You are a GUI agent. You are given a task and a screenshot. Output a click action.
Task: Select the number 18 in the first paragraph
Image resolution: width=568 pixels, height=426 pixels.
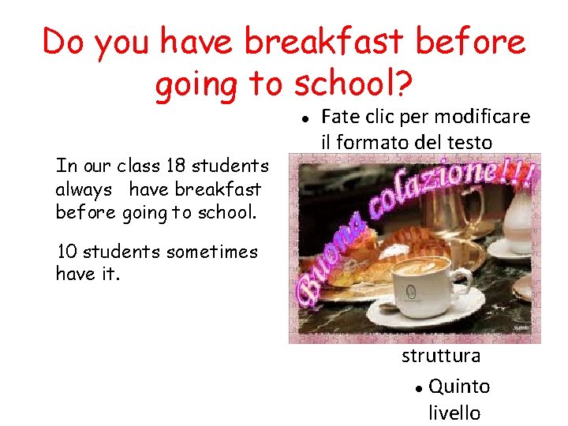177,166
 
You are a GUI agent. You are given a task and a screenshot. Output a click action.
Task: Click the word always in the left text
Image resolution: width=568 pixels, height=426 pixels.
84,189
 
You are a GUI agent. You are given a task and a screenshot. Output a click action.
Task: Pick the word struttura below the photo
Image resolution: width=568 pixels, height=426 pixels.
441,356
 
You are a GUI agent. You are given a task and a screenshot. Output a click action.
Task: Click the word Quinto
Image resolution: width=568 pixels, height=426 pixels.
459,387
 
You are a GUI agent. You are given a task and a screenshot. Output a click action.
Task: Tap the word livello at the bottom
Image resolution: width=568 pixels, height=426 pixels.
454,413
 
